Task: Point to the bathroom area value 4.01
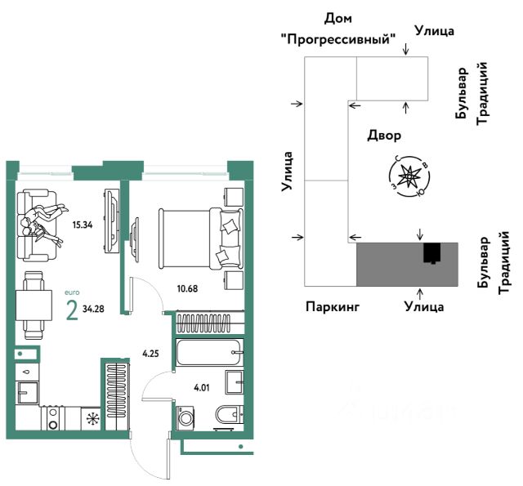(x=200, y=389)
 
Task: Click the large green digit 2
(x=71, y=311)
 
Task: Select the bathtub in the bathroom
(x=209, y=353)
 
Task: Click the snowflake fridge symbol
(x=93, y=419)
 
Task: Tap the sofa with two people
(x=40, y=218)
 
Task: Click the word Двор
(x=384, y=135)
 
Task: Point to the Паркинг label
(x=333, y=307)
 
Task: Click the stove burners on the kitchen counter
(x=53, y=418)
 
